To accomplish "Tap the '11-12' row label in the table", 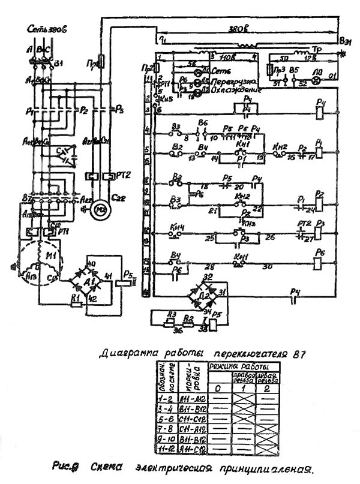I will tap(163, 450).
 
